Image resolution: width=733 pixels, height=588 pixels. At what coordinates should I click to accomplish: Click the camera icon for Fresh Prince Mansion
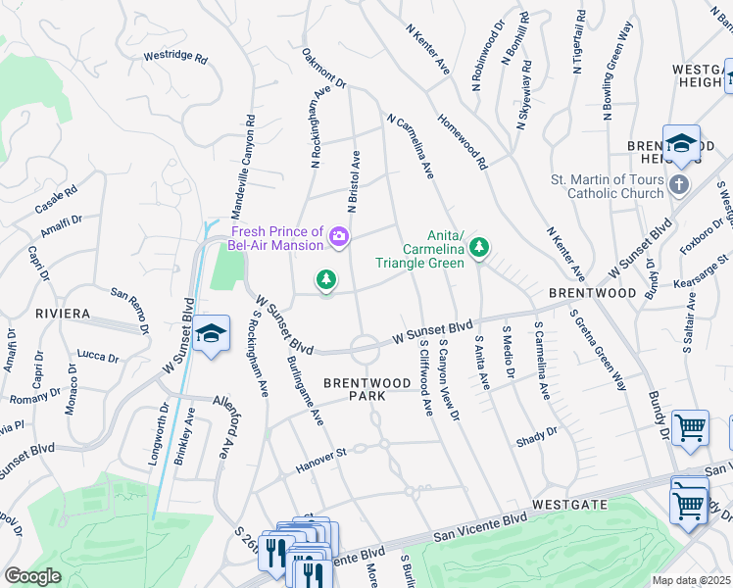pos(339,235)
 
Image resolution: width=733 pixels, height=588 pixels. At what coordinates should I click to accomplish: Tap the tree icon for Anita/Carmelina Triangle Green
pos(479,248)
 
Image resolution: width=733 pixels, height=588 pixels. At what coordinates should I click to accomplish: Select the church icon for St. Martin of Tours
pos(679,184)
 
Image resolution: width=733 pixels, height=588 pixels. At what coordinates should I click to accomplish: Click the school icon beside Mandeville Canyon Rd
pos(211,334)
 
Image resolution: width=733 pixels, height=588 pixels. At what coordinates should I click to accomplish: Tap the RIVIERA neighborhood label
pos(63,314)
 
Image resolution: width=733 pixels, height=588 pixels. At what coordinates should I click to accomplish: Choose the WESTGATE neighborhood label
pos(571,504)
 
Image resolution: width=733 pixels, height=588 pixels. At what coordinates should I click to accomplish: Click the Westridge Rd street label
pos(175,58)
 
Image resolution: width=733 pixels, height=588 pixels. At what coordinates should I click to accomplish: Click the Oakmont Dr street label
pos(324,69)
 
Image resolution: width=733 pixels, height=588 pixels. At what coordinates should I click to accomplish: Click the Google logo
pos(32,576)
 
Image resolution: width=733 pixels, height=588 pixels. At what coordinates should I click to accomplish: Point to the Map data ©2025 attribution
pos(690,580)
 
